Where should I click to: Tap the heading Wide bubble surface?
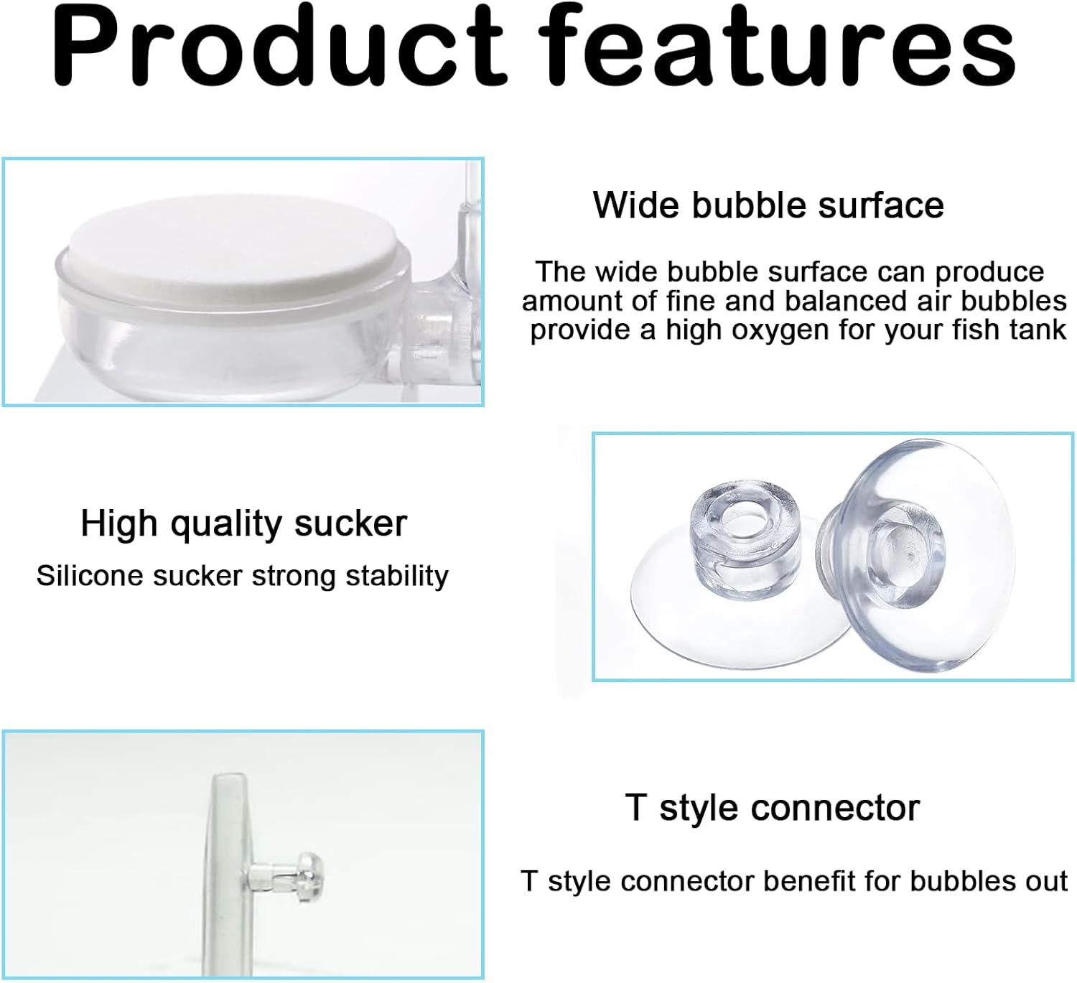[768, 205]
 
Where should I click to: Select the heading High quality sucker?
[243, 523]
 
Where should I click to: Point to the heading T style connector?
[772, 808]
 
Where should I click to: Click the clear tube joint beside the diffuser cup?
[438, 316]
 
